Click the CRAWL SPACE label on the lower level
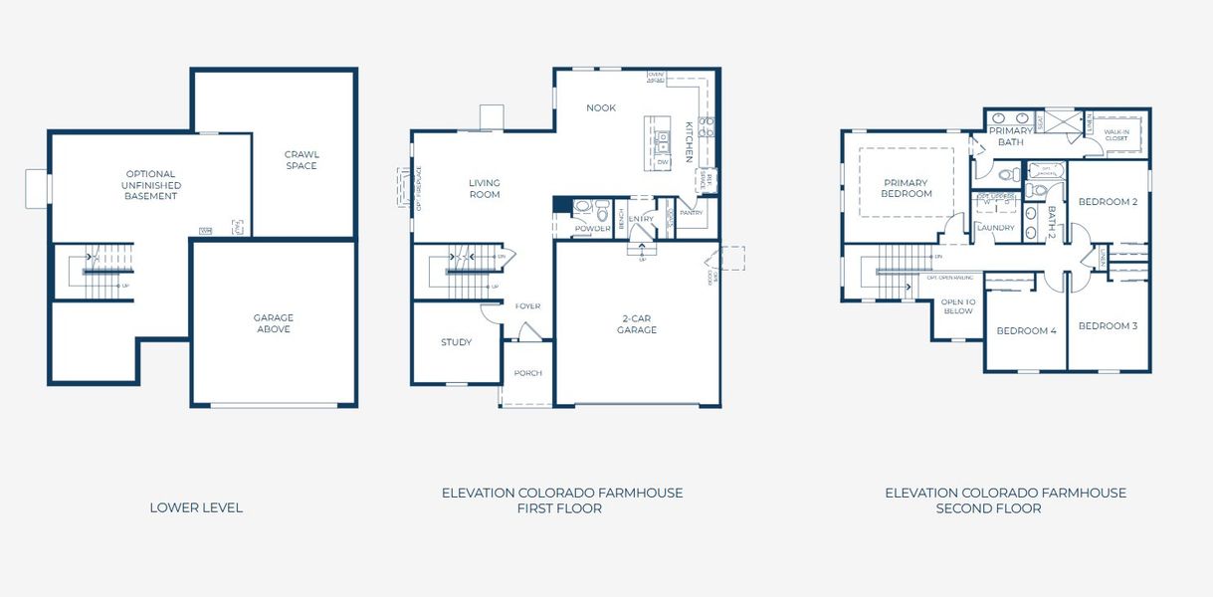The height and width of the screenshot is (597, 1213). [x=301, y=160]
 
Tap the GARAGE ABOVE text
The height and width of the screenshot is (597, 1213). [x=273, y=323]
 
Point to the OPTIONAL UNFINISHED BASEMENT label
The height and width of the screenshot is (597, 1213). [x=150, y=185]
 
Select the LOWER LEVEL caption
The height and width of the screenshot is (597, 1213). [x=196, y=507]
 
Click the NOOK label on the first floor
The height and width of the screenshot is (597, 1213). [x=600, y=107]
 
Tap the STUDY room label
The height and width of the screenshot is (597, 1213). [x=456, y=342]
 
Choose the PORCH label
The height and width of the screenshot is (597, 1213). [x=527, y=373]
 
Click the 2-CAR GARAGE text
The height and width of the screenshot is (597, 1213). [x=637, y=324]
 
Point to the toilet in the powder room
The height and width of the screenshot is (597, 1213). [x=602, y=211]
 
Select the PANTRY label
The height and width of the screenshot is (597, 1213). [x=691, y=212]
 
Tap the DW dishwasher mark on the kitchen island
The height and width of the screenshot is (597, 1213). [x=662, y=161]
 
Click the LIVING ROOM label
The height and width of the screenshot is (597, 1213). [x=485, y=188]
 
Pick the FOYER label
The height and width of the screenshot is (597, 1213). [x=527, y=306]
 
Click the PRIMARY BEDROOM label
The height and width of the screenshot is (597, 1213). [x=907, y=188]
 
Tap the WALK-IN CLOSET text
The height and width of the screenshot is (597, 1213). [x=1115, y=134]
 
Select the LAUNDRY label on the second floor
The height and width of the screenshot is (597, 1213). [x=995, y=228]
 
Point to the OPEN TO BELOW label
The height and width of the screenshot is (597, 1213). [x=957, y=305]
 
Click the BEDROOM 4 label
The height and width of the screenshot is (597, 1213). [x=1026, y=330]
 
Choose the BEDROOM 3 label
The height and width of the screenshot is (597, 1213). [x=1108, y=325]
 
